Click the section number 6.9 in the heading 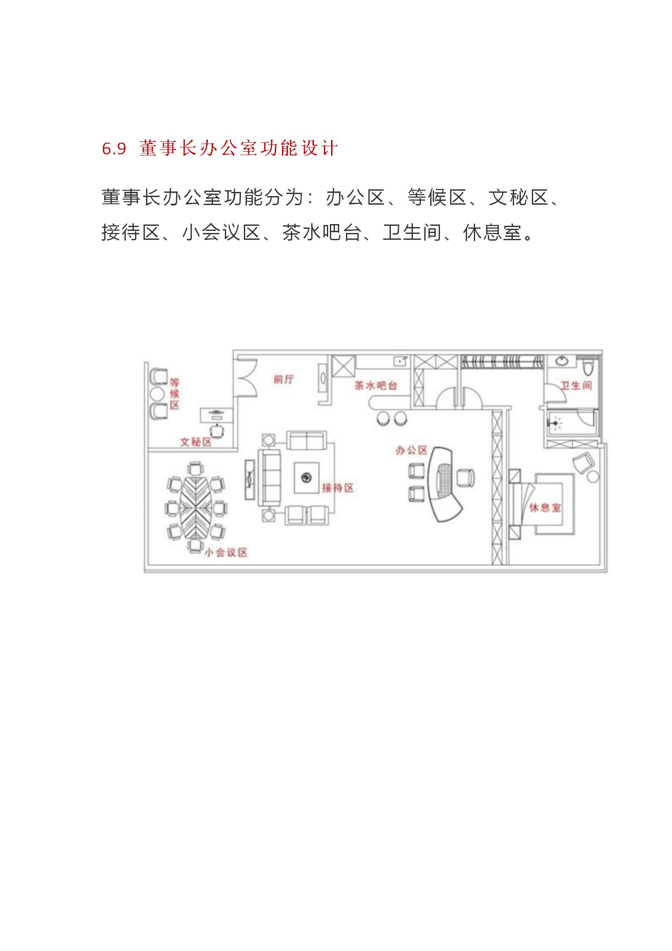(x=114, y=149)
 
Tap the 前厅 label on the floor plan (x=284, y=379)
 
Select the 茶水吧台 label (x=376, y=386)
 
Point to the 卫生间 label (x=576, y=385)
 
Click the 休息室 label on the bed (x=545, y=507)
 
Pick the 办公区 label (x=412, y=450)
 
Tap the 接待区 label (x=337, y=488)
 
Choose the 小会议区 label (x=226, y=552)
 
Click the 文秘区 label (x=196, y=442)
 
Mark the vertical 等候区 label (x=174, y=394)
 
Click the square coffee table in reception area (x=307, y=477)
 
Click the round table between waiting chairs (x=157, y=394)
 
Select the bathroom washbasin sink (x=561, y=361)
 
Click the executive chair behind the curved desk (x=466, y=477)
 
